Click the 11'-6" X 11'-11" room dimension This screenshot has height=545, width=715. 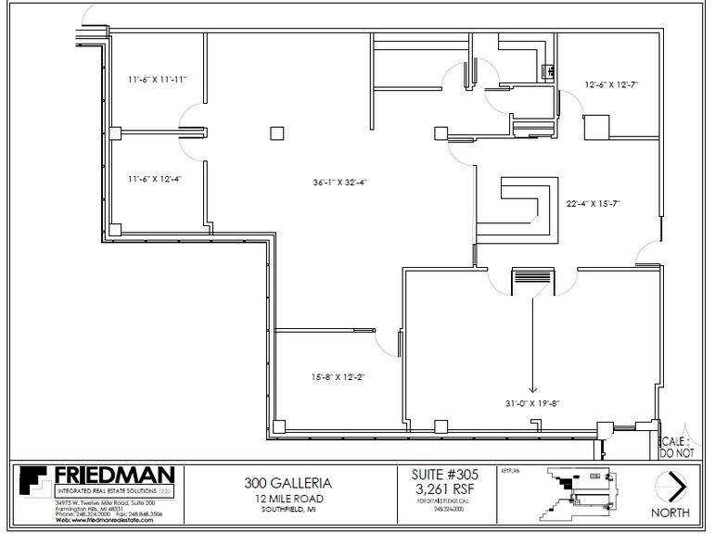tap(158, 80)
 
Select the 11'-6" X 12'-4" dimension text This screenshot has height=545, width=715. tap(155, 178)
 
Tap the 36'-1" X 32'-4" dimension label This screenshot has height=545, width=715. tap(339, 182)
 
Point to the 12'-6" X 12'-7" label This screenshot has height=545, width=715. tap(611, 84)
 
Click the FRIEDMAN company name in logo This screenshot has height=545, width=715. tap(114, 475)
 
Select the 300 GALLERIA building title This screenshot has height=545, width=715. tap(287, 483)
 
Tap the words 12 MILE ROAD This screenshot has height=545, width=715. tap(287, 498)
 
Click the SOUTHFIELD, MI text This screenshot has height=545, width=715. tap(287, 510)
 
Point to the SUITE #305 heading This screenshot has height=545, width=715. tap(444, 474)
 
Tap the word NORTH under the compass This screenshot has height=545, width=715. tap(670, 513)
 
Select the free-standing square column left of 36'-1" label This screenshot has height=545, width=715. tap(276, 133)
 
